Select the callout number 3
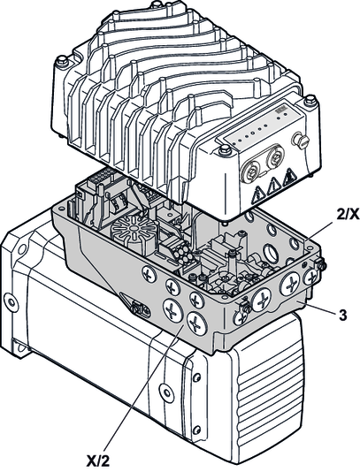tap(342, 316)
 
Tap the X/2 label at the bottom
tap(98, 461)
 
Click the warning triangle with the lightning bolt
tap(258, 194)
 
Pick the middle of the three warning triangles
tap(273, 185)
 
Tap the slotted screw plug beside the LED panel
tap(301, 141)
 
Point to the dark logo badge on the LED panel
tap(280, 110)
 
